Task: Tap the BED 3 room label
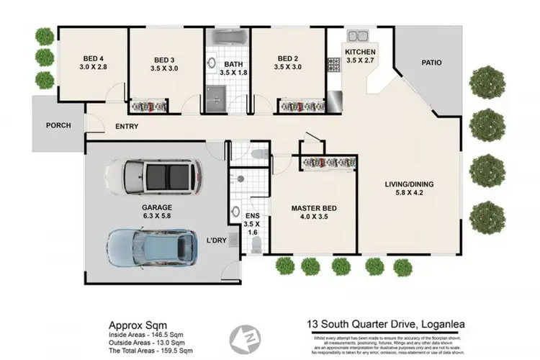click(x=165, y=59)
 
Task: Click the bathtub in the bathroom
click(x=228, y=38)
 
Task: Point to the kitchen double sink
click(x=358, y=36)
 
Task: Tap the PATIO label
click(x=433, y=63)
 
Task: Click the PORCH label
click(x=58, y=125)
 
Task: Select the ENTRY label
click(x=127, y=127)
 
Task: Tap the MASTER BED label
click(x=314, y=210)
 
